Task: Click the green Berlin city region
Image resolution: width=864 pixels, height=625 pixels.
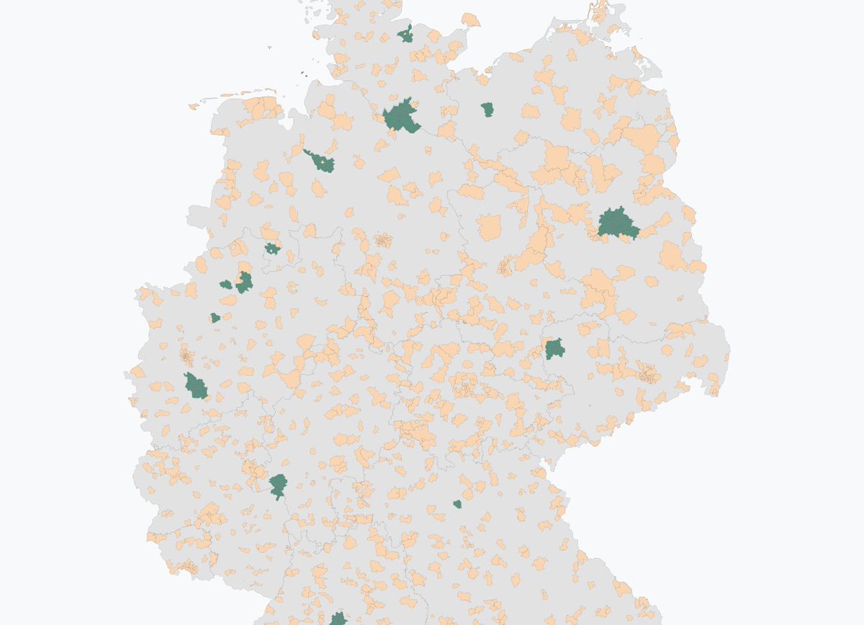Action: [618, 223]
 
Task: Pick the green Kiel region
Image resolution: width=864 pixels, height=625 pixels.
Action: [407, 35]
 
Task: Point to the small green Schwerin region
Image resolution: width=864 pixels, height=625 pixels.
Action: [487, 110]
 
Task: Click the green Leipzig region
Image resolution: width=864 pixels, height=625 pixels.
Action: [554, 350]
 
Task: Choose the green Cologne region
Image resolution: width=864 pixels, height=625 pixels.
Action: [195, 386]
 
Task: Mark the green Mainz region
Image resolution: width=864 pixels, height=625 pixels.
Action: [278, 484]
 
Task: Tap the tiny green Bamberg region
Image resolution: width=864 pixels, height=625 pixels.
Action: [457, 504]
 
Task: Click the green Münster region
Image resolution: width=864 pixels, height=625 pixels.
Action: [245, 282]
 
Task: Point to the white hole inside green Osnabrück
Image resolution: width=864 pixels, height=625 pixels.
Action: [272, 249]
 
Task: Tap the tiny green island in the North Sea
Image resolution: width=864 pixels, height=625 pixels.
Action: [304, 73]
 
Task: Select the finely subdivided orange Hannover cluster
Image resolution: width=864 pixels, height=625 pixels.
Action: [382, 240]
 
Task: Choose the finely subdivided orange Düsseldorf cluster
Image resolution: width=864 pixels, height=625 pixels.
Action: [186, 355]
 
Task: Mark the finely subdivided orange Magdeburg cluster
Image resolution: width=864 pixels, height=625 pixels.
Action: [506, 265]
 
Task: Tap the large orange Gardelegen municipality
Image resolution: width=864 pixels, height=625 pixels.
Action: [490, 227]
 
